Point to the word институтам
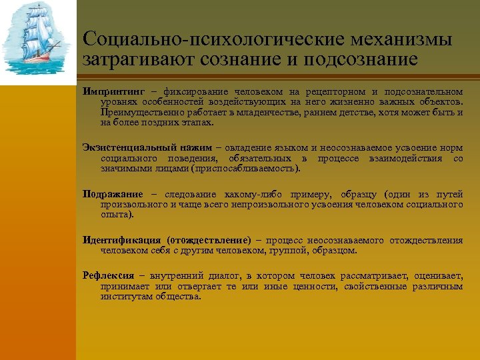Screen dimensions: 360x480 click(127, 297)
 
